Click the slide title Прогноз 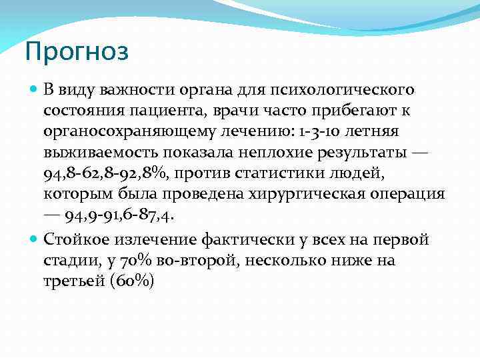pos(76,51)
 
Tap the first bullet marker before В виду pos(34,89)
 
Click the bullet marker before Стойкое pos(34,238)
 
